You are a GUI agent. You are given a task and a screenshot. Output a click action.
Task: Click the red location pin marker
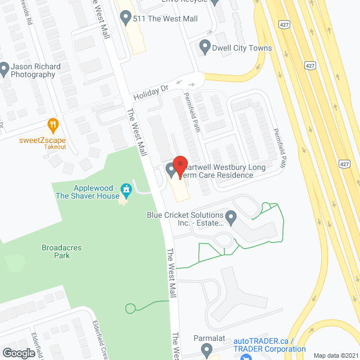click(x=180, y=167)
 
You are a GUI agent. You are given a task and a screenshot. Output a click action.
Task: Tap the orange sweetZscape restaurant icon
click(x=53, y=124)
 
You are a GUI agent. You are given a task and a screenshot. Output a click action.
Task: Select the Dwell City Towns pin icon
click(x=205, y=48)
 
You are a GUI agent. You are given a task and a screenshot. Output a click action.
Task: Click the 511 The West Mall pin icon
click(x=126, y=19)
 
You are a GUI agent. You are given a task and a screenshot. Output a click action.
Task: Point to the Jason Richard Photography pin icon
click(x=4, y=70)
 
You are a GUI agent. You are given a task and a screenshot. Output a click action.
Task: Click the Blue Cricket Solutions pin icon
click(x=231, y=216)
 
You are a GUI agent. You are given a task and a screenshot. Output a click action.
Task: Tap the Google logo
click(x=18, y=353)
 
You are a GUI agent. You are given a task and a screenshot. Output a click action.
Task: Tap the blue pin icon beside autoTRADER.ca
click(x=250, y=357)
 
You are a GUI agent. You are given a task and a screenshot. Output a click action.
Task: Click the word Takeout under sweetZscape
click(x=55, y=147)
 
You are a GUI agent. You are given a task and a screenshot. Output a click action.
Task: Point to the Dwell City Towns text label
click(x=242, y=48)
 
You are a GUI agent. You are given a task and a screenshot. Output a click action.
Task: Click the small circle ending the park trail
click(x=130, y=308)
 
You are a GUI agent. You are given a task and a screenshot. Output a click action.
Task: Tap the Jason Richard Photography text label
click(x=37, y=70)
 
